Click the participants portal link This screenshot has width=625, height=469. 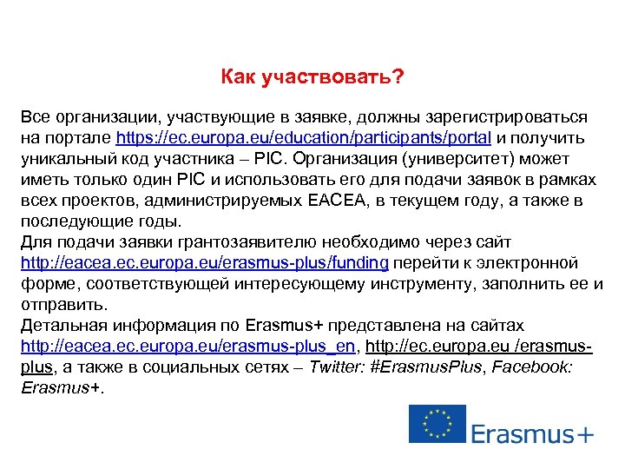pos(304,138)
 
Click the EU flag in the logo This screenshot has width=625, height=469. pos(437,424)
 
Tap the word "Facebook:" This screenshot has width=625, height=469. pos(532,367)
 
